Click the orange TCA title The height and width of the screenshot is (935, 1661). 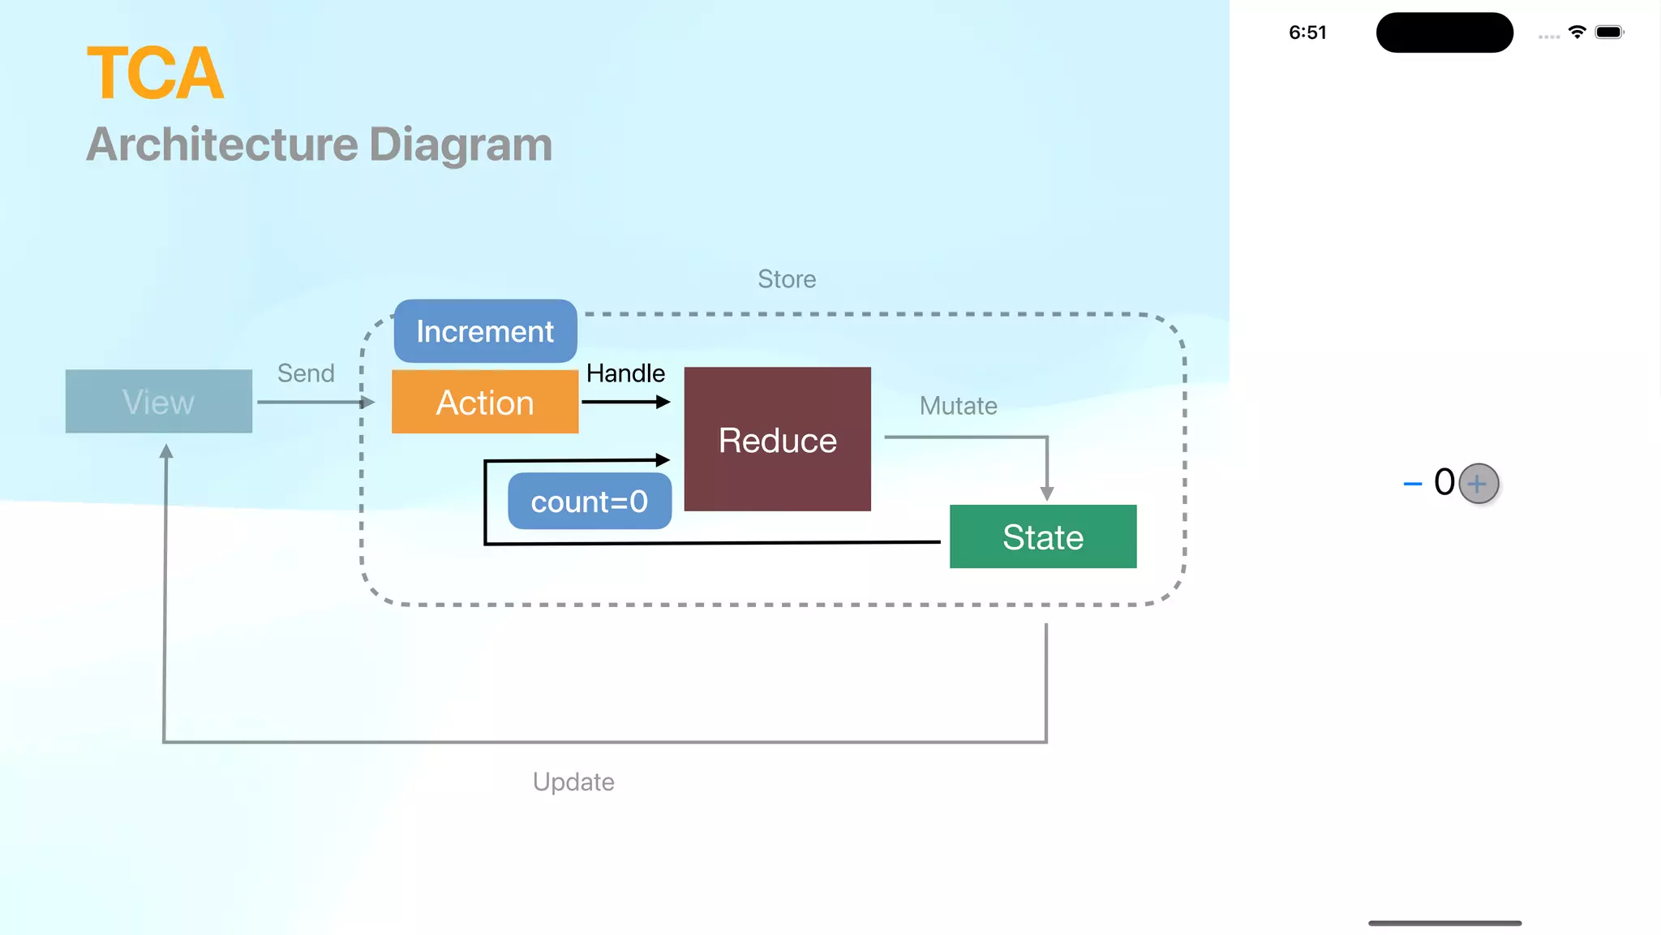click(x=155, y=74)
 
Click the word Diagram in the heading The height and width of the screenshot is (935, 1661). click(x=460, y=144)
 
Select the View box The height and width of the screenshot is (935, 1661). click(x=158, y=402)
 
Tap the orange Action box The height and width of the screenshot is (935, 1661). click(x=485, y=403)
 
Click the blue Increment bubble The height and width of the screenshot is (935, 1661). click(x=485, y=331)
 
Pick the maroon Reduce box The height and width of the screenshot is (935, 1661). click(x=777, y=439)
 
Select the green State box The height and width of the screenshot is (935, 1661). click(x=1042, y=536)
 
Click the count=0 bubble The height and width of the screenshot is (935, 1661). click(x=589, y=502)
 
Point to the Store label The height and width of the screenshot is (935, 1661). click(x=786, y=279)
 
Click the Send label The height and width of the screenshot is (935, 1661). click(x=306, y=373)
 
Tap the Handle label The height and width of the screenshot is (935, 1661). click(x=625, y=373)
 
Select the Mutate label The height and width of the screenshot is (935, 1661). click(x=958, y=406)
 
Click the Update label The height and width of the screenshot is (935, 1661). click(x=573, y=782)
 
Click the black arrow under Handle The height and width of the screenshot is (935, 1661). click(x=625, y=402)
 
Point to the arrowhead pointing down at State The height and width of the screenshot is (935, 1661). click(x=1046, y=493)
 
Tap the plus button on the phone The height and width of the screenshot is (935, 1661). click(x=1478, y=484)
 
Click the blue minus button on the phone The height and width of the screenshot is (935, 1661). click(x=1412, y=484)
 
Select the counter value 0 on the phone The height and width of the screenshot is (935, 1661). click(x=1444, y=482)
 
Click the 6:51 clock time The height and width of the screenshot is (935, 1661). click(x=1307, y=32)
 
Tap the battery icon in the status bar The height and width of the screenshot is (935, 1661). click(x=1608, y=32)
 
